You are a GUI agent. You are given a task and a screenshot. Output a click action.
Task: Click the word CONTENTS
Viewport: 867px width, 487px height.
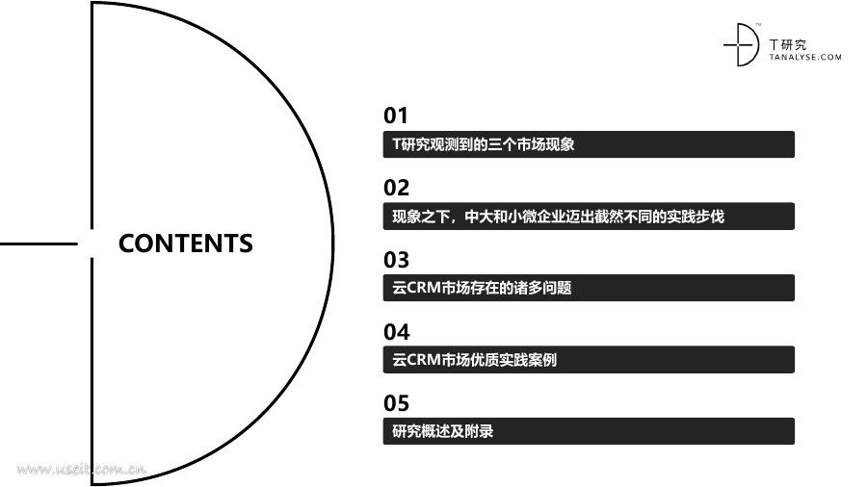[x=185, y=243]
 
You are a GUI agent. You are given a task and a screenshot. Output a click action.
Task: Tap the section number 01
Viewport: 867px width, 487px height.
[x=396, y=115]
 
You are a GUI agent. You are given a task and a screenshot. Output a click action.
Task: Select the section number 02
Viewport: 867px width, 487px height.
[x=396, y=188]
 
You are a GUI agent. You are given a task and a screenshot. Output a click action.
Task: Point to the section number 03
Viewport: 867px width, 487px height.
[x=396, y=260]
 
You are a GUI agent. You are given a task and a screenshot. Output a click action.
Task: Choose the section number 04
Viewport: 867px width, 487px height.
[x=396, y=332]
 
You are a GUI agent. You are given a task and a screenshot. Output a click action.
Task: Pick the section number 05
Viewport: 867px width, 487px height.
[x=396, y=403]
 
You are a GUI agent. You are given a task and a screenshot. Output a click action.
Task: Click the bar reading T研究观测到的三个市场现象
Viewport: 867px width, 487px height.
[x=589, y=144]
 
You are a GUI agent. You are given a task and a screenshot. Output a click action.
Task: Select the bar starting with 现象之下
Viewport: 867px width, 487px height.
[x=589, y=217]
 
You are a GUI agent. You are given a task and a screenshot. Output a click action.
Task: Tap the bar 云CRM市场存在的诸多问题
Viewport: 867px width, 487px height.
[x=589, y=288]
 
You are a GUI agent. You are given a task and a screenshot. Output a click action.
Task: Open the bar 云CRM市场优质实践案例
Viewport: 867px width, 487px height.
[x=589, y=360]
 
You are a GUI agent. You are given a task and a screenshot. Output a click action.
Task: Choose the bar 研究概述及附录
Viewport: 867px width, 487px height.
[x=589, y=431]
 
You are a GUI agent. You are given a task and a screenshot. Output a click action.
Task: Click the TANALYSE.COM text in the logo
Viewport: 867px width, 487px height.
[x=805, y=58]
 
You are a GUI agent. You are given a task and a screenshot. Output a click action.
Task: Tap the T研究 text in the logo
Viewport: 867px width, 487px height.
[x=790, y=44]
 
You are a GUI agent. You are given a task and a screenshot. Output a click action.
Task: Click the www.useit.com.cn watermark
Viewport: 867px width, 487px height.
[x=81, y=470]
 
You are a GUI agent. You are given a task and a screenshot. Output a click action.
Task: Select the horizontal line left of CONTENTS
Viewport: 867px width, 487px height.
[x=39, y=243]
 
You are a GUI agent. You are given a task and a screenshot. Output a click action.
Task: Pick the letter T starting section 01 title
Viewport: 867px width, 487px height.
[x=397, y=144]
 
